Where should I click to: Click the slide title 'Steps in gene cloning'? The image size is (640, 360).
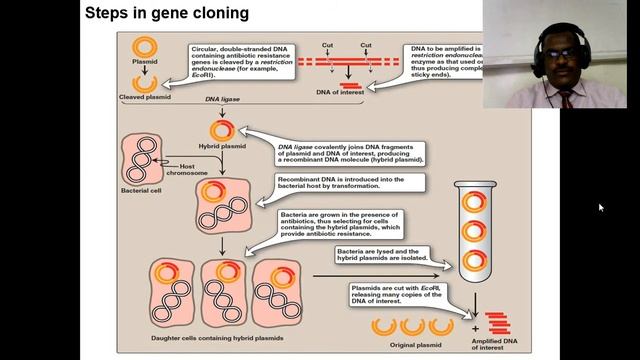(166, 13)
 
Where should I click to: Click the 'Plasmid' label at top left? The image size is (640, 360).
(145, 72)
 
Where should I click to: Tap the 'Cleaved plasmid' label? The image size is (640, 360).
(146, 97)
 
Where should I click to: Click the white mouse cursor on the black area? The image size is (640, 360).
(601, 208)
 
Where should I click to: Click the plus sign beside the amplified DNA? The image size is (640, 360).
(476, 326)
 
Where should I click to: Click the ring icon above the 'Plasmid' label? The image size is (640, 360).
(145, 49)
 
